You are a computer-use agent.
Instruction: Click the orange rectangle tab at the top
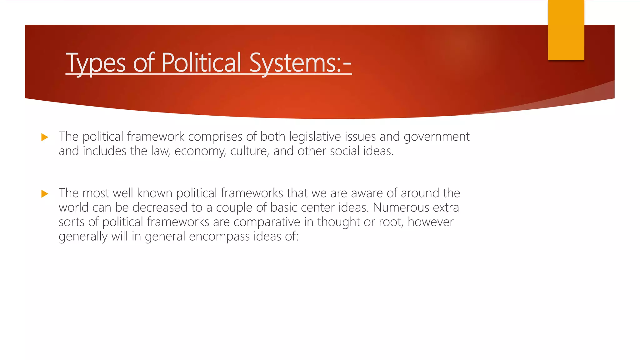566,30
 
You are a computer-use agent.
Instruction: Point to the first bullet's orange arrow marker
45,137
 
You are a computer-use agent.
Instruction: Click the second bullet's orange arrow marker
45,194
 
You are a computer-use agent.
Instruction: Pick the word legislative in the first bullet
315,137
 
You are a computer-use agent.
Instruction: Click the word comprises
215,137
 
